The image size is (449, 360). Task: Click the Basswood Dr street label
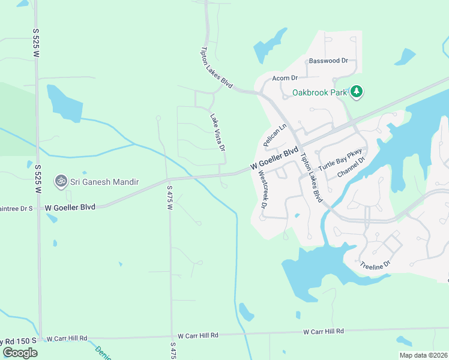click(x=328, y=61)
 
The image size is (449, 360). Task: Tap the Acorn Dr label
click(x=285, y=78)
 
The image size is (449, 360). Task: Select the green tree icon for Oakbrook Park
click(x=357, y=91)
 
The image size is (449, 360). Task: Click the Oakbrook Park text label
click(x=320, y=92)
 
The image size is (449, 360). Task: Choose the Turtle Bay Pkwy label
click(x=341, y=160)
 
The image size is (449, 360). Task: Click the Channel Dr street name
click(x=351, y=167)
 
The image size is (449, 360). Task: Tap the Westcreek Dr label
click(x=262, y=188)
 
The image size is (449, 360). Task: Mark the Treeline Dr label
click(x=375, y=264)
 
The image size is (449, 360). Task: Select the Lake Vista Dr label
click(x=217, y=132)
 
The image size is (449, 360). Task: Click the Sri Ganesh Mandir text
click(x=105, y=181)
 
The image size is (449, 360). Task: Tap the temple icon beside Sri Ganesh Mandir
click(x=61, y=181)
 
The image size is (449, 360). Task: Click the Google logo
click(x=20, y=353)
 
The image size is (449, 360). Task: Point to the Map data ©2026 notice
click(x=423, y=355)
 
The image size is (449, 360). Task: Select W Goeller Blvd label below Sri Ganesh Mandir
click(x=70, y=208)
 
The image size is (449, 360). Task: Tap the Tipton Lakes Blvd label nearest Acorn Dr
click(x=217, y=68)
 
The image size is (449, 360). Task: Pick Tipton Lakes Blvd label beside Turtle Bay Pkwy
click(x=311, y=178)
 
